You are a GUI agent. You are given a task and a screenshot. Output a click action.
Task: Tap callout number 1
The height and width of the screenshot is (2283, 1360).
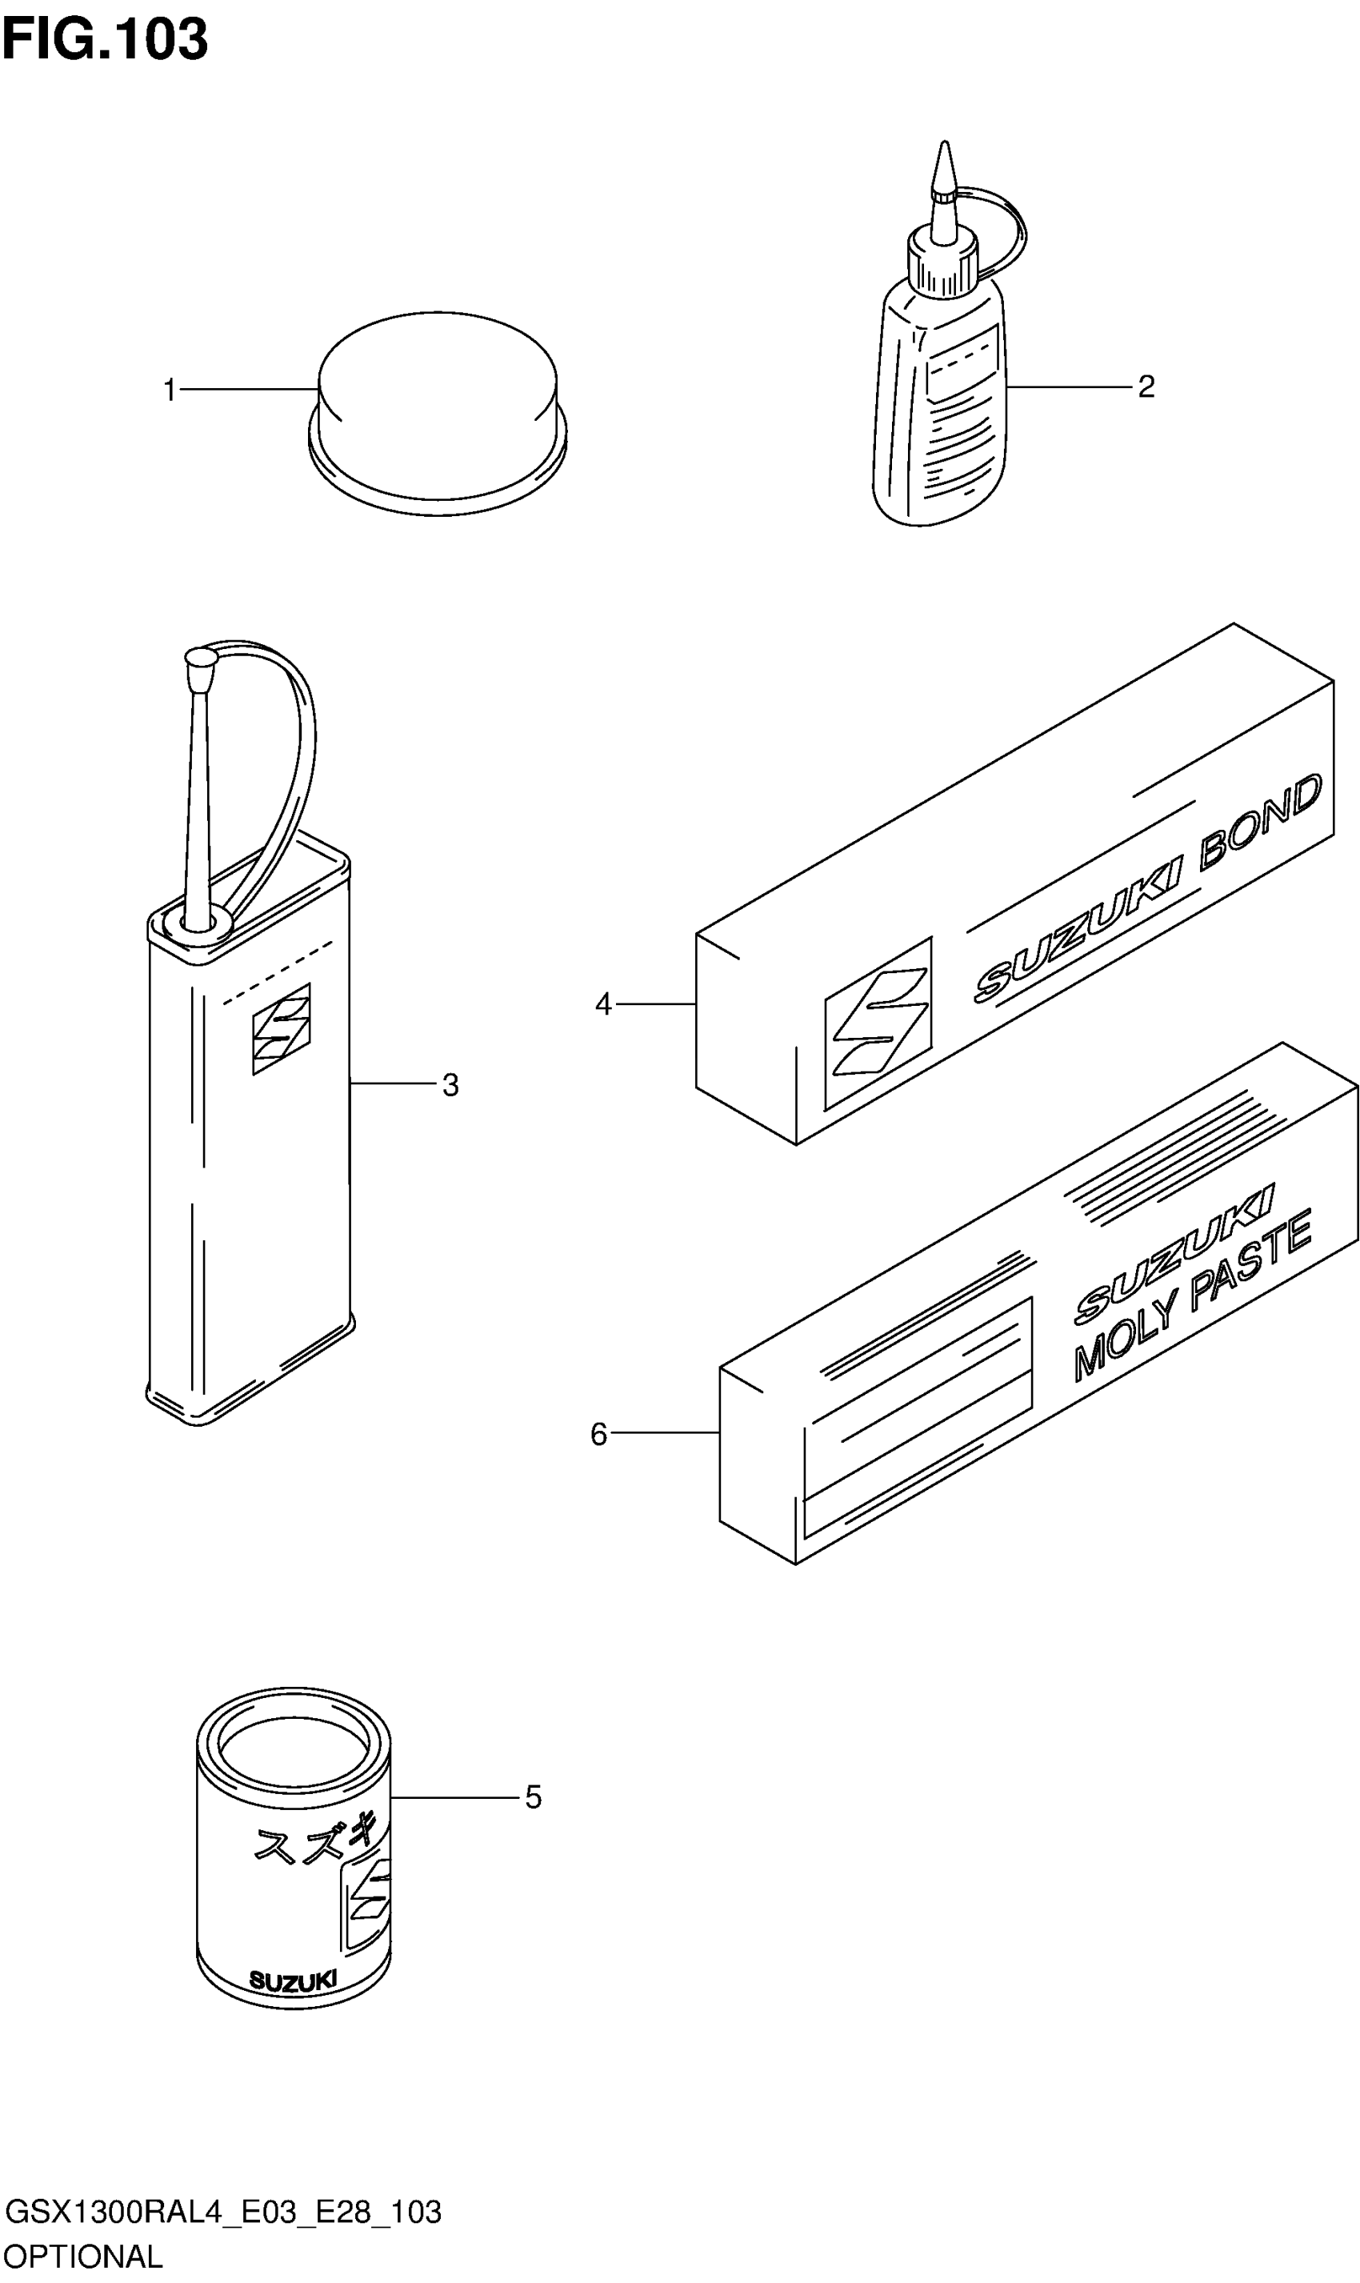point(170,391)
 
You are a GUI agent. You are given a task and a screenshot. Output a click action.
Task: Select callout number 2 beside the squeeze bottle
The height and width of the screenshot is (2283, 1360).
point(1146,387)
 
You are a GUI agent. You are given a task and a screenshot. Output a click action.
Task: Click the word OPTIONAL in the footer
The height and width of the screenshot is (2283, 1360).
point(82,2256)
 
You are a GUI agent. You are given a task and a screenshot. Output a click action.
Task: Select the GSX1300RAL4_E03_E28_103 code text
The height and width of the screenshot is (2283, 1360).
point(222,2212)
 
